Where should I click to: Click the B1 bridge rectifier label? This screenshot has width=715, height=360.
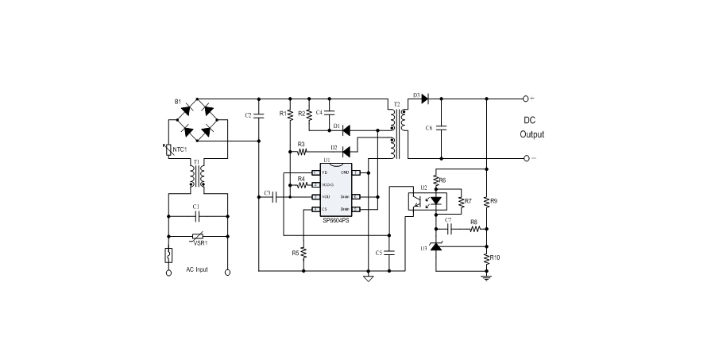178,102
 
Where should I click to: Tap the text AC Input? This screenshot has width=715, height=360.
197,270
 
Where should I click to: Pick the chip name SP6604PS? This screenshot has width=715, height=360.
335,220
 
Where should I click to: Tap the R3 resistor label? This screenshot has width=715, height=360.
301,143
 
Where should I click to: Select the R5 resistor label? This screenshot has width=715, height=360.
295,253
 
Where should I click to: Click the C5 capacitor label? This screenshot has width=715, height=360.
379,253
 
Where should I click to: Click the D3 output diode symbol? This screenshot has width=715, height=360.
424,99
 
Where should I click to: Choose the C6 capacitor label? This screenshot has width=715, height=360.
430,128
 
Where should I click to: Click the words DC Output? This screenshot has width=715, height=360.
532,128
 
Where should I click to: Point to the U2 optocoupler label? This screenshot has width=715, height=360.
424,188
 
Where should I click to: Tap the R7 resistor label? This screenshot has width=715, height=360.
468,201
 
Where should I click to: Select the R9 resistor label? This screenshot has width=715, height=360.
493,201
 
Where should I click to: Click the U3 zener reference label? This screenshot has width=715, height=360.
423,249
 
